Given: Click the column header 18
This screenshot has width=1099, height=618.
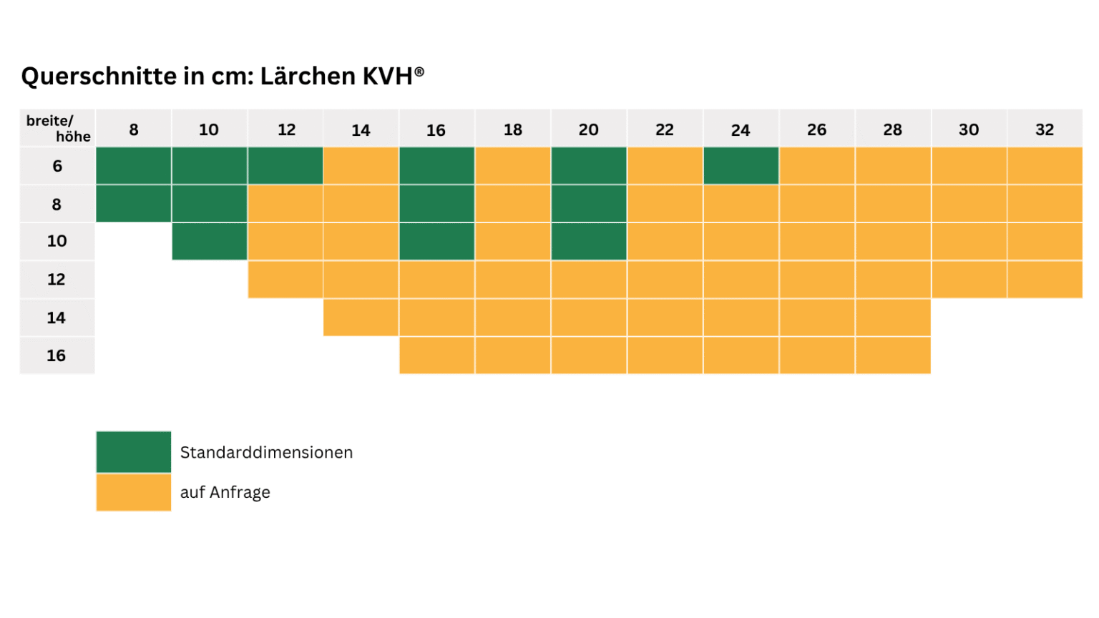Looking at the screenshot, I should (x=513, y=129).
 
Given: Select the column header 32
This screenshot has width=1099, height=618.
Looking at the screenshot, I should (x=1045, y=129).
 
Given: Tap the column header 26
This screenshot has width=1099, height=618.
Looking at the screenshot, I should (x=816, y=129).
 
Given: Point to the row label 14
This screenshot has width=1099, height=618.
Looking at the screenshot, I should (x=57, y=318).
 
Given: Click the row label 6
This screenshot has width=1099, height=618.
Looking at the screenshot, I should (x=57, y=166).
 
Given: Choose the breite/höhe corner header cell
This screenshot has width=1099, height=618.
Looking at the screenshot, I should (x=58, y=128).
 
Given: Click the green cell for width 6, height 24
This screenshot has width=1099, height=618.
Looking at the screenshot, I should (x=741, y=166).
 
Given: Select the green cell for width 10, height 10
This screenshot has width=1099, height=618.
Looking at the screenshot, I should (x=210, y=241).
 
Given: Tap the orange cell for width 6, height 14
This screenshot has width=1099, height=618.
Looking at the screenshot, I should (x=361, y=166).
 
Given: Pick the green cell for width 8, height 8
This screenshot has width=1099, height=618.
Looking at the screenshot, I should (x=134, y=204).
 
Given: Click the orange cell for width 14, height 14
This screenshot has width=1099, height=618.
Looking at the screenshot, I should (x=361, y=318).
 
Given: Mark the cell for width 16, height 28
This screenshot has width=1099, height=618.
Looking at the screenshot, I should (x=892, y=355).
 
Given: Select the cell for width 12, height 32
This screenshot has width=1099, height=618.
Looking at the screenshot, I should (x=1045, y=279).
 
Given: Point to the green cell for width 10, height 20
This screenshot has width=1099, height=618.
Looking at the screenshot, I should (x=589, y=241).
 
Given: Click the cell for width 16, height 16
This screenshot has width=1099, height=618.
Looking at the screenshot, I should (x=436, y=355).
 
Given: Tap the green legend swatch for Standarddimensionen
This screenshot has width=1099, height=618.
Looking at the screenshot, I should (x=134, y=452).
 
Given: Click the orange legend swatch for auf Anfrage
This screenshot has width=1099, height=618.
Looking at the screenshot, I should (x=134, y=492).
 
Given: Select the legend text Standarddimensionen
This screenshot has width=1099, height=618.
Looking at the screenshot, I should (x=266, y=453).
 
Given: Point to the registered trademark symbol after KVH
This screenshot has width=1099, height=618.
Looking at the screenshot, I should (x=419, y=72).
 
